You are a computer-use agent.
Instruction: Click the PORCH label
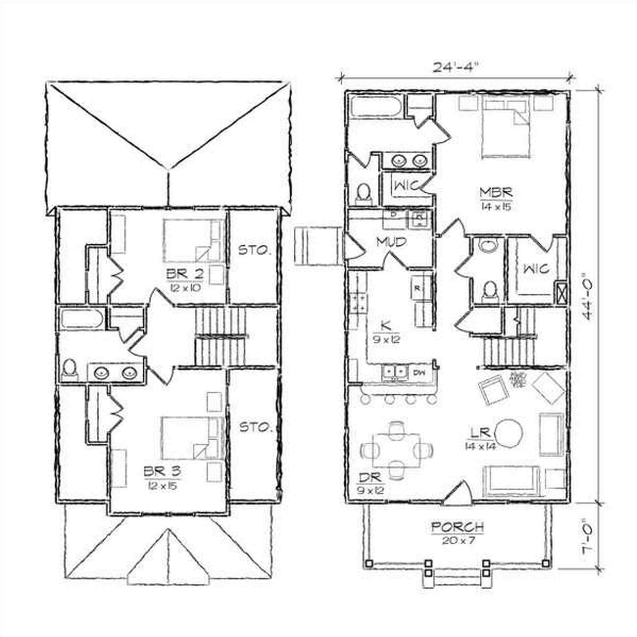pos(458,527)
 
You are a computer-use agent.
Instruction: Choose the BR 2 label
pos(185,274)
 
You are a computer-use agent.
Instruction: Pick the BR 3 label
pos(162,471)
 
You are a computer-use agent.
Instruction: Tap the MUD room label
pos(391,242)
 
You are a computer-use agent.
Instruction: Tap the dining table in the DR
pos(396,450)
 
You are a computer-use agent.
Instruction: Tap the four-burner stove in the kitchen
pos(358,303)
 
